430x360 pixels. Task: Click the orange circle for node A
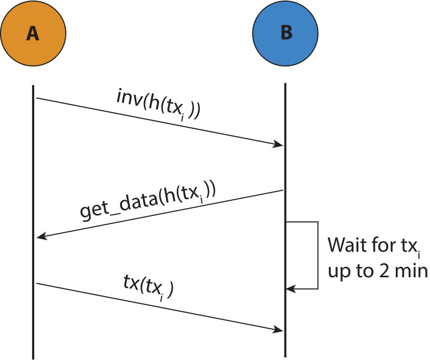pyautogui.click(x=33, y=33)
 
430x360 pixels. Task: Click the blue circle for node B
pyautogui.click(x=285, y=33)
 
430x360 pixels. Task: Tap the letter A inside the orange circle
pyautogui.click(x=33, y=34)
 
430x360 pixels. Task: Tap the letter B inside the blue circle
pyautogui.click(x=286, y=33)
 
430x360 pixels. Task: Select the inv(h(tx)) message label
pyautogui.click(x=158, y=105)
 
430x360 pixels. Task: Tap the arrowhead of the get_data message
pyautogui.click(x=42, y=236)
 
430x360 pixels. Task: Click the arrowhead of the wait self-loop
pyautogui.click(x=291, y=289)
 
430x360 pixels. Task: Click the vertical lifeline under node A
pyautogui.click(x=33, y=222)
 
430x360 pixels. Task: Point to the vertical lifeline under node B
pyautogui.click(x=285, y=220)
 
